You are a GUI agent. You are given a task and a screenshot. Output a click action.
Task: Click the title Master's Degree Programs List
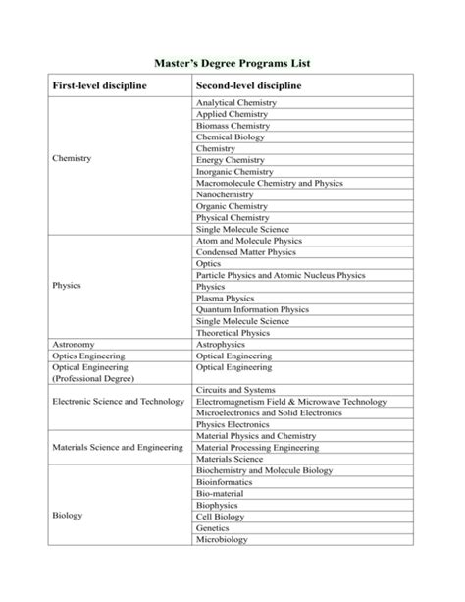coord(232,63)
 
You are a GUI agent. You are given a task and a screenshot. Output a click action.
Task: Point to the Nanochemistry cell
coord(225,194)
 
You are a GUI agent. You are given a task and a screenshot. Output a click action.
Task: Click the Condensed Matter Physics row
coord(241,252)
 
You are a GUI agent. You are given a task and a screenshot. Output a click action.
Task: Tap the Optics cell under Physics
coord(209,263)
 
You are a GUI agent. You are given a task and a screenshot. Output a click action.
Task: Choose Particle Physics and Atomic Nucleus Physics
coord(281,275)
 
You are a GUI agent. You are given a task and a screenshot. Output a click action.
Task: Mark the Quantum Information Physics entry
coord(247,309)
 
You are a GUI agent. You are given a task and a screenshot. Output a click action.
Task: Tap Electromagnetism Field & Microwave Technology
coord(291,402)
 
